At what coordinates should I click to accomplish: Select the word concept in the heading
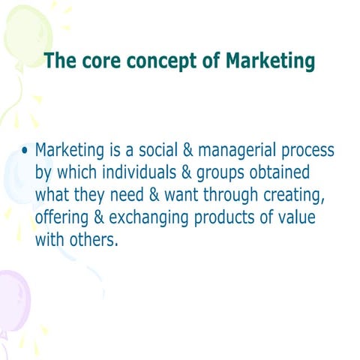[x=155, y=61]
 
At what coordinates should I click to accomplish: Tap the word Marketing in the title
[x=270, y=61]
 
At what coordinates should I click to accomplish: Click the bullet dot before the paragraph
[x=25, y=151]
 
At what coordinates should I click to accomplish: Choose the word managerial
[x=238, y=152]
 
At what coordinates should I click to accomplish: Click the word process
[x=307, y=152]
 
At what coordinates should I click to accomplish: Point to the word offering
[x=61, y=220]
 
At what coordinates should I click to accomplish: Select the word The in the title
[x=59, y=61]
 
